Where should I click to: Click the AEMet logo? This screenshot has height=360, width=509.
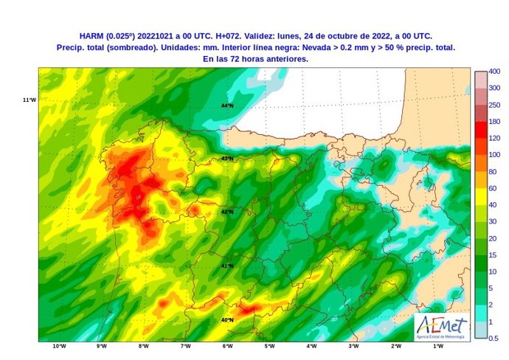pos(442,325)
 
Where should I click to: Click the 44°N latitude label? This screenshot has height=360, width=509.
pos(227,105)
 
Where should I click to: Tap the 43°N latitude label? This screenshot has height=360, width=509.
pos(227,159)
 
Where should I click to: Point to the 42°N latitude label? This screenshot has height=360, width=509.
pos(227,212)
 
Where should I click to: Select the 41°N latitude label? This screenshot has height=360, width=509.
pos(227,266)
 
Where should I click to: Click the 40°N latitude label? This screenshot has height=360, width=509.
pos(227,319)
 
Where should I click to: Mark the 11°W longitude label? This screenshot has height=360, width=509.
pos(30,100)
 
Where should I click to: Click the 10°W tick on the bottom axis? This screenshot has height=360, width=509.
pos(59,346)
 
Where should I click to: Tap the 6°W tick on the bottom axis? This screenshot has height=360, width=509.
pos(227,346)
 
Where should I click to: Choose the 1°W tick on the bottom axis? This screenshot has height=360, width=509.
pos(437,346)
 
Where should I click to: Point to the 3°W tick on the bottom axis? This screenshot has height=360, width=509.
pos(353,346)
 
